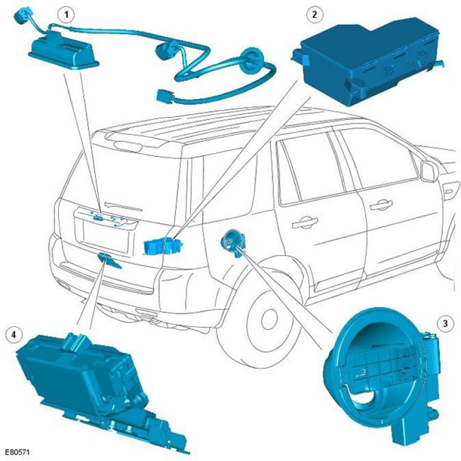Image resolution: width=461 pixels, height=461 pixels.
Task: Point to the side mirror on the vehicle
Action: (429, 171)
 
